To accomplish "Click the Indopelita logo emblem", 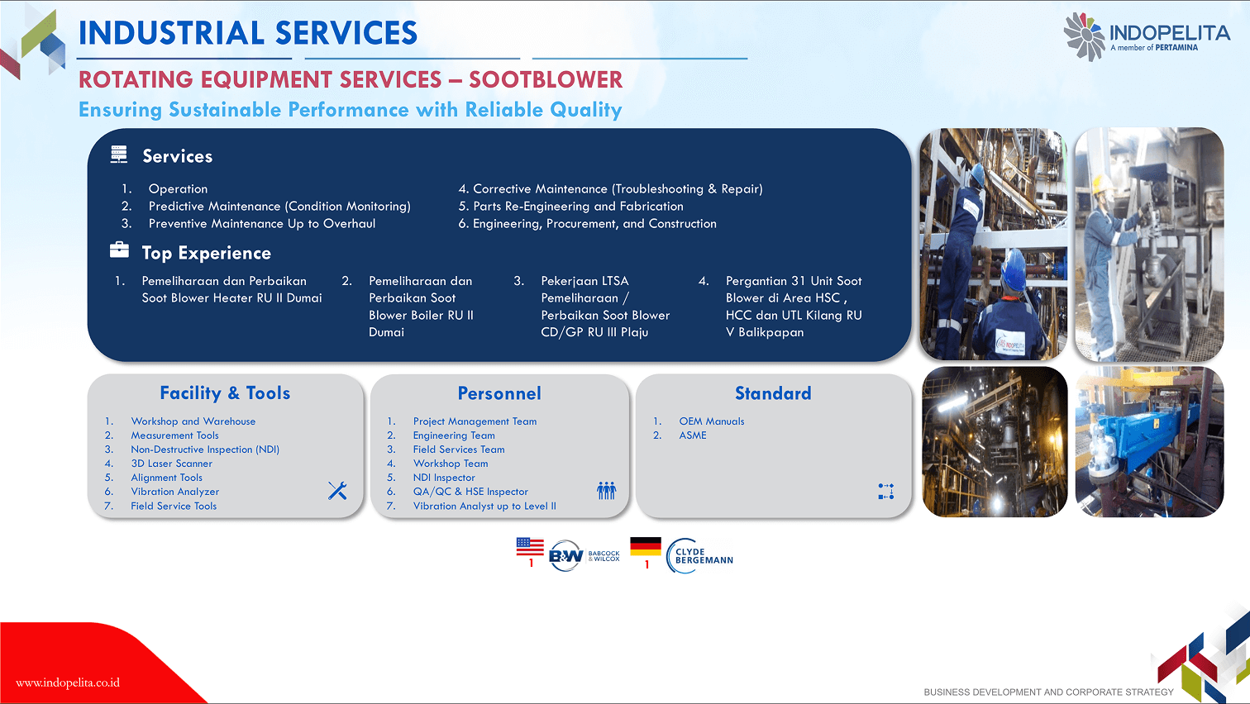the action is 1084,37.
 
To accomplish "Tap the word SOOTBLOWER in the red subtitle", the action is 545,80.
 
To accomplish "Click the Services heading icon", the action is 119,155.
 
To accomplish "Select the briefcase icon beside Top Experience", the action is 119,250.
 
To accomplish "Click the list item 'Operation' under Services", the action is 178,189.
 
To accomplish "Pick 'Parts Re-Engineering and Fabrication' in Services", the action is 578,207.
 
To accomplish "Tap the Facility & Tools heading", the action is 225,393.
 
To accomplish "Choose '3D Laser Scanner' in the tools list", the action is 171,464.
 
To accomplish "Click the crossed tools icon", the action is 337,491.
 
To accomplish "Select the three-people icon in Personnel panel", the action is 606,490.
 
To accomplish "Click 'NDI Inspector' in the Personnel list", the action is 444,478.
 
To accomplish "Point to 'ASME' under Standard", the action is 693,435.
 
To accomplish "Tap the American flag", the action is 530,547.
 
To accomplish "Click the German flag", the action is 646,547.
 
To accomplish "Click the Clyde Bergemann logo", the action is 699,556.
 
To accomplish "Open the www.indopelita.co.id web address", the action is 68,683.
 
